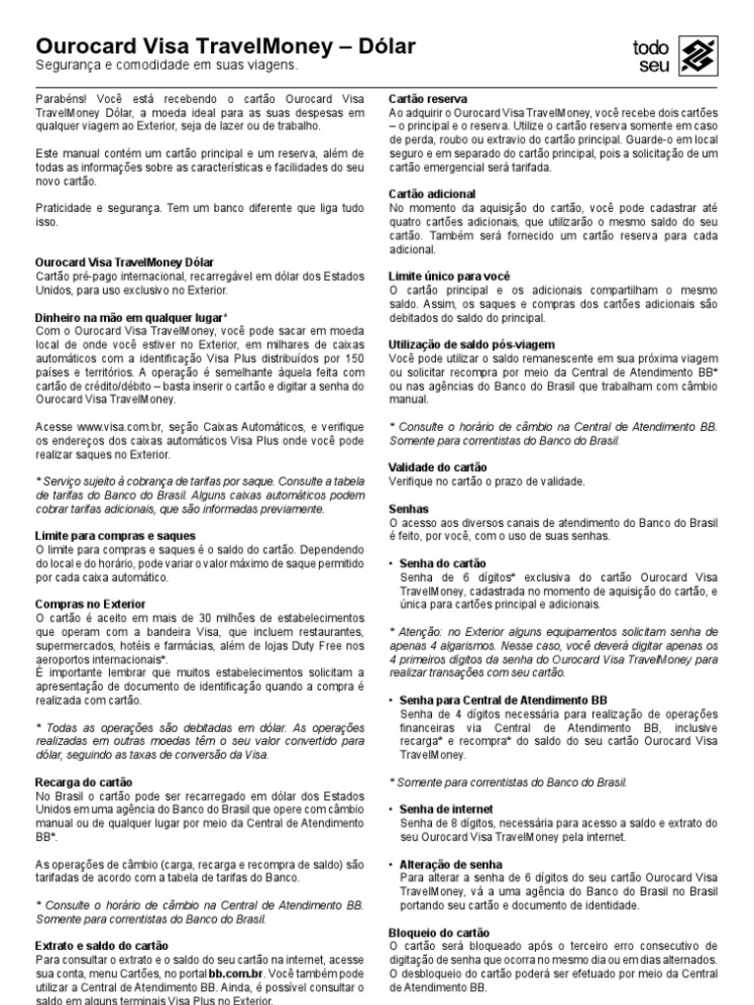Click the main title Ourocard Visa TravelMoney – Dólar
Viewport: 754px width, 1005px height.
coord(225,46)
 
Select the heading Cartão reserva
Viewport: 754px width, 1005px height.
coord(428,99)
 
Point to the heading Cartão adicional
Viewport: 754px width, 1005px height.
coord(432,194)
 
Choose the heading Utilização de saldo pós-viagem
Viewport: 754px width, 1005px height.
coord(472,345)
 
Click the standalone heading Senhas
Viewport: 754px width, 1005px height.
coord(408,509)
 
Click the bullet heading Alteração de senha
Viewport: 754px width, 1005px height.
coord(451,864)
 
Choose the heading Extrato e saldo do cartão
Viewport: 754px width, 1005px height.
coord(101,945)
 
